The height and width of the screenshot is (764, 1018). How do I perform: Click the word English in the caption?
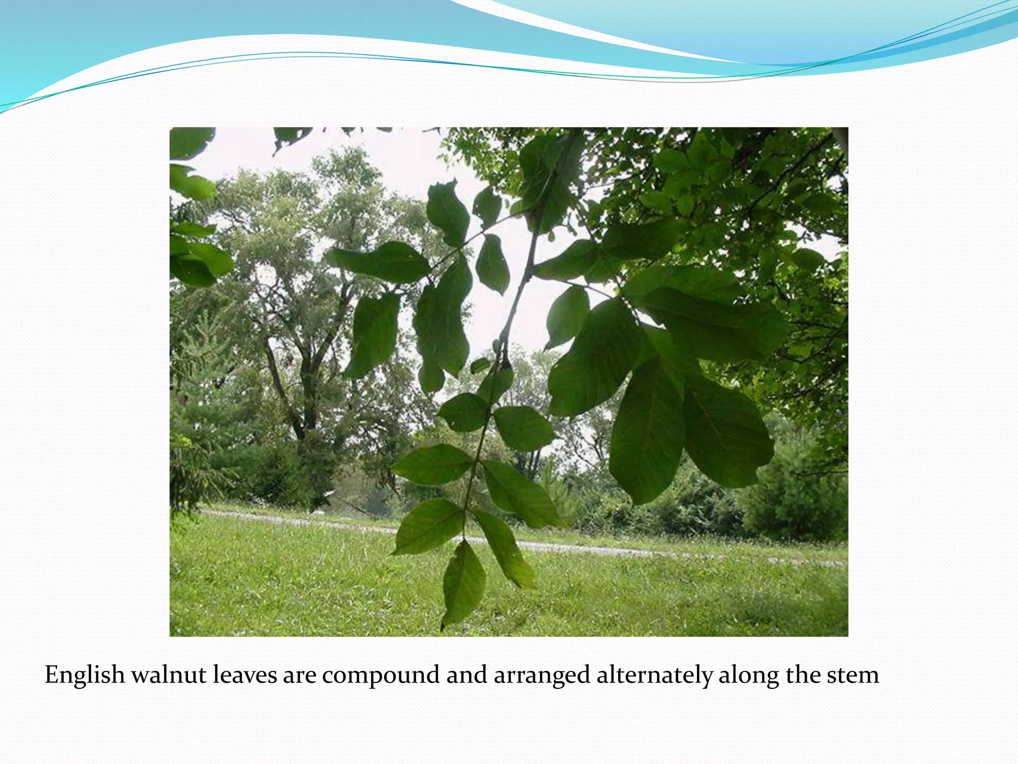(x=85, y=675)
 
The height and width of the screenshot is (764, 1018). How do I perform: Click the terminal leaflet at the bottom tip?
(x=463, y=584)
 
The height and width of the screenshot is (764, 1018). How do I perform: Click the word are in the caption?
(x=300, y=675)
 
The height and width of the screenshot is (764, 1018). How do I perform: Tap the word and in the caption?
(x=466, y=675)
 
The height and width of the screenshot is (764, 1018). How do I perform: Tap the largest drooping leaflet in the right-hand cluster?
(x=646, y=428)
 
